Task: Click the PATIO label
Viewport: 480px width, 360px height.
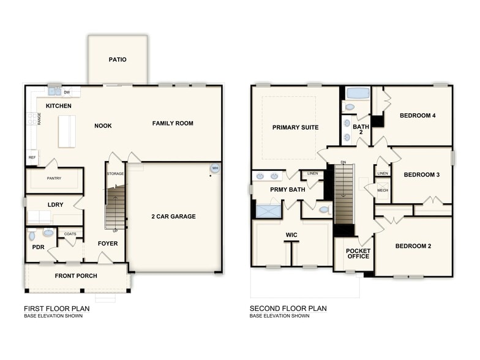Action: pyautogui.click(x=118, y=60)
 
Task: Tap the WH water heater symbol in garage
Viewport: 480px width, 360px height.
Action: pyautogui.click(x=215, y=168)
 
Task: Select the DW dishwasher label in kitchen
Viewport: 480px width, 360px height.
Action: pyautogui.click(x=67, y=92)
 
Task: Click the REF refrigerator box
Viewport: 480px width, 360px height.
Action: pyautogui.click(x=32, y=157)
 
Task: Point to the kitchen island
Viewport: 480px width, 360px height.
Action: pyautogui.click(x=67, y=131)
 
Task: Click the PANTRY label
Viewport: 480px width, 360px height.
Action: pyautogui.click(x=54, y=179)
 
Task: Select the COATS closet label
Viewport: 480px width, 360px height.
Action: pyautogui.click(x=70, y=233)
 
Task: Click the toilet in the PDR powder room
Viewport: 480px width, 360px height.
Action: pyautogui.click(x=48, y=233)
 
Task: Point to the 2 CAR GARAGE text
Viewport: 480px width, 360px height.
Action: pyautogui.click(x=173, y=216)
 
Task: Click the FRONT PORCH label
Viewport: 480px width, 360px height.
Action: pyautogui.click(x=76, y=276)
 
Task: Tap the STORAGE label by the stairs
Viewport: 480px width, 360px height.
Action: pyautogui.click(x=115, y=174)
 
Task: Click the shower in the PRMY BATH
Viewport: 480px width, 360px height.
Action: pyautogui.click(x=268, y=212)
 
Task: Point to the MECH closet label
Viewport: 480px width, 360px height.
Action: pyautogui.click(x=382, y=190)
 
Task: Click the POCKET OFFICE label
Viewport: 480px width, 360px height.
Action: pyautogui.click(x=358, y=253)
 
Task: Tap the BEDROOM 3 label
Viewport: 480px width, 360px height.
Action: pyautogui.click(x=422, y=175)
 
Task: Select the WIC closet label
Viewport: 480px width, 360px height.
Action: pyautogui.click(x=291, y=234)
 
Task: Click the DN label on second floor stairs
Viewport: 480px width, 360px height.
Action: pyautogui.click(x=344, y=162)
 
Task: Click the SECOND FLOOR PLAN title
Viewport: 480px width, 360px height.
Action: pyautogui.click(x=288, y=309)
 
